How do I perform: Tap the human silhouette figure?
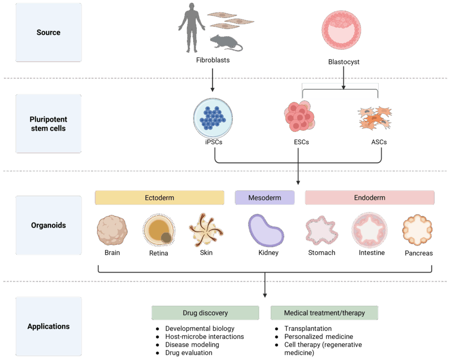click(192, 28)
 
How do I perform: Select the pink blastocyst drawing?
click(341, 30)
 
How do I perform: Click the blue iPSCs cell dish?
click(213, 118)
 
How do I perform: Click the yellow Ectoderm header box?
click(159, 198)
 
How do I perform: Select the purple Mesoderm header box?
click(265, 198)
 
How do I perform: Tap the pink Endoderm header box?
click(370, 198)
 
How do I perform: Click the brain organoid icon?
click(112, 230)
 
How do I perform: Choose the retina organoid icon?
click(159, 230)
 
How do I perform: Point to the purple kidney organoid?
click(266, 231)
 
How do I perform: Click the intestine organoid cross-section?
click(370, 230)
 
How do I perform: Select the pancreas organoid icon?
click(418, 230)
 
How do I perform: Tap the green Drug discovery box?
click(205, 313)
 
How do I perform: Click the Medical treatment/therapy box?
click(325, 313)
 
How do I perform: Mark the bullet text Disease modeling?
click(192, 345)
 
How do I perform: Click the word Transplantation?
click(308, 328)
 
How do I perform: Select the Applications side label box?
click(48, 327)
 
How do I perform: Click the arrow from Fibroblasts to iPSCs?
click(213, 80)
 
